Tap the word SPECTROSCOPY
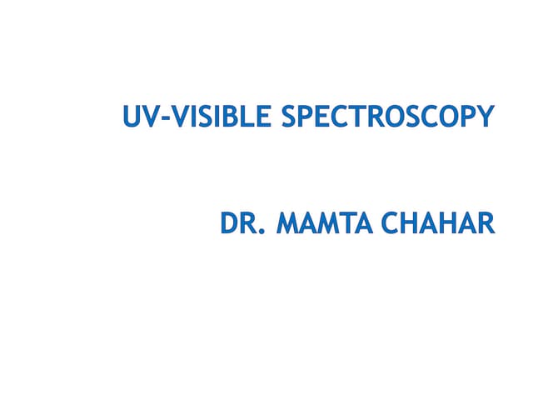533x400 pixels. coord(388,117)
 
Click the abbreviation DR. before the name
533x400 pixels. coord(242,223)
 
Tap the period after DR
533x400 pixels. coord(261,232)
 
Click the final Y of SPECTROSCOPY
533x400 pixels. coord(486,117)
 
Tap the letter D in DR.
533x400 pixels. coord(230,223)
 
